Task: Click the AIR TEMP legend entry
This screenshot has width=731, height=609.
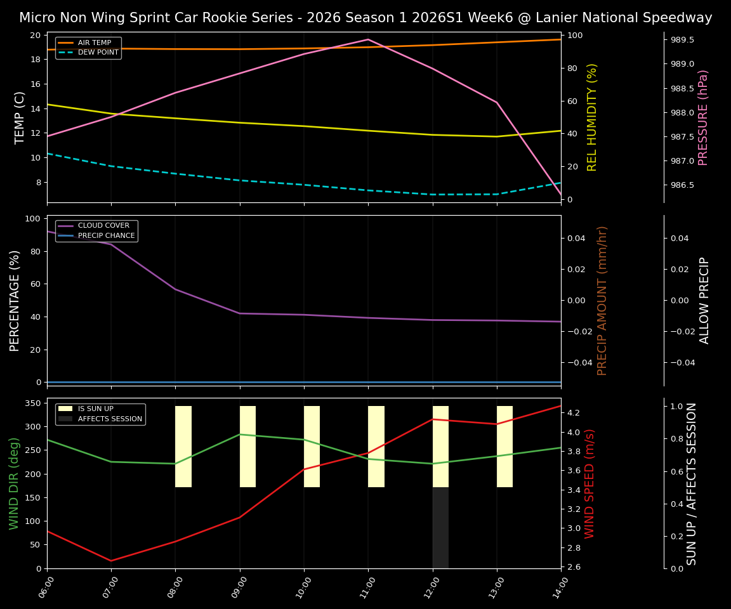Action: [x=94, y=43]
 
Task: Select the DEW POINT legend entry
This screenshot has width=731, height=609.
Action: [x=98, y=53]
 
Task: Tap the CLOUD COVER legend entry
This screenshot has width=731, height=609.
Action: [x=103, y=226]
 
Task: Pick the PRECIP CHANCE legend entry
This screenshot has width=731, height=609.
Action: [x=106, y=236]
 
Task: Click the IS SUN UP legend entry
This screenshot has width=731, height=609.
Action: [x=95, y=409]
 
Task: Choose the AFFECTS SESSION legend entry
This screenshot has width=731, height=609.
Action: [x=109, y=419]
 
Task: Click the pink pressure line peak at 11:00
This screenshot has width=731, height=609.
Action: [x=368, y=39]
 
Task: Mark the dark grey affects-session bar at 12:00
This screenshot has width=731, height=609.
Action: [x=440, y=528]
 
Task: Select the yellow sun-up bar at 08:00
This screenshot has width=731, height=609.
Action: [x=183, y=447]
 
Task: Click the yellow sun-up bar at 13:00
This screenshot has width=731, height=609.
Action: [x=504, y=447]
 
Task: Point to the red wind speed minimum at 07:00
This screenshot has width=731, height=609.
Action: [x=111, y=561]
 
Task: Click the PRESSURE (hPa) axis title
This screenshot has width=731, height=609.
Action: [x=702, y=117]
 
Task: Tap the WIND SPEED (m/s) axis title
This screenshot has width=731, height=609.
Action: [x=590, y=483]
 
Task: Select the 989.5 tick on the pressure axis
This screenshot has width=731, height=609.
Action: [x=682, y=39]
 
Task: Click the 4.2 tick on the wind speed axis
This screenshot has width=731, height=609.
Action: [x=574, y=412]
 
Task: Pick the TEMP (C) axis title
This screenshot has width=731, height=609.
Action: [x=20, y=117]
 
